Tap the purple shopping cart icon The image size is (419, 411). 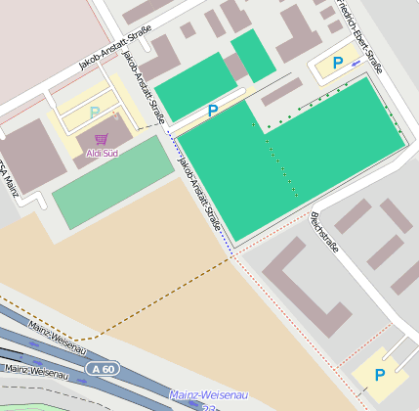(x=102, y=140)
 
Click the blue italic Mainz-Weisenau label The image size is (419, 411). (x=208, y=394)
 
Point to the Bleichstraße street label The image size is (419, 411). (x=323, y=232)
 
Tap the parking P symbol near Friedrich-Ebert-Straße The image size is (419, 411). (x=338, y=63)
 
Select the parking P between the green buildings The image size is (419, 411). (x=212, y=111)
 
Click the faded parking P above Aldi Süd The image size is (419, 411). (x=95, y=114)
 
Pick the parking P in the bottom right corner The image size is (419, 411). (x=380, y=375)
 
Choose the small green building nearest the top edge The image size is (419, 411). (x=253, y=55)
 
